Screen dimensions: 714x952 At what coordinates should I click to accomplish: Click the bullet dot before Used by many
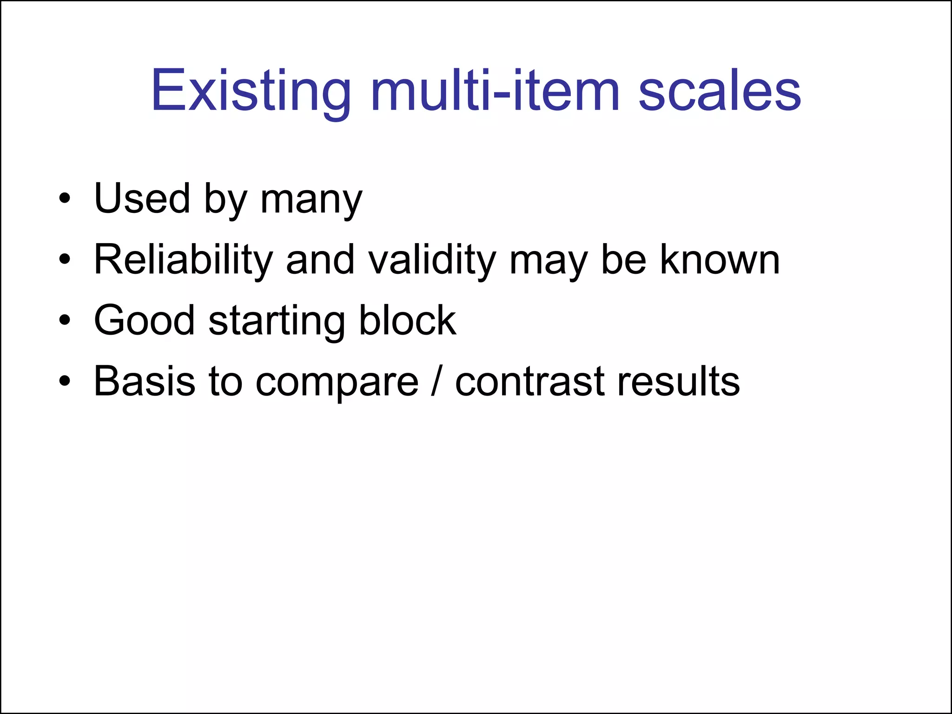coord(65,199)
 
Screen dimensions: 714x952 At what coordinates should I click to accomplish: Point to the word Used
coord(142,199)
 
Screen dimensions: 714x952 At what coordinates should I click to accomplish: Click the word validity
coord(432,260)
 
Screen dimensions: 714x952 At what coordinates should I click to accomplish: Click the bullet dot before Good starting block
coord(65,320)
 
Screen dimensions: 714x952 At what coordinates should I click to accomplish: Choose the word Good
coord(144,320)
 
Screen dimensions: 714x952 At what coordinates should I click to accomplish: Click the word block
coord(408,320)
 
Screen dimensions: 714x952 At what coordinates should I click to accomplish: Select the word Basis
coord(144,381)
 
